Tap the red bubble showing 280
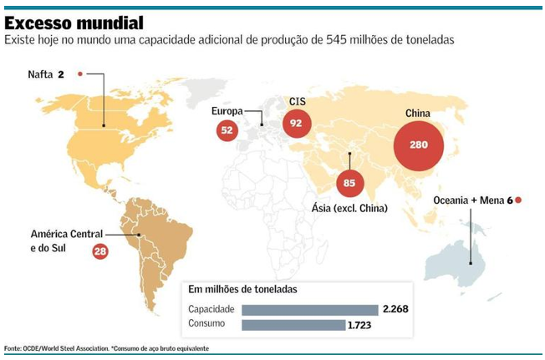[x=418, y=144]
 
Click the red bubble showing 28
[x=100, y=251]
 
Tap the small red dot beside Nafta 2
[x=80, y=74]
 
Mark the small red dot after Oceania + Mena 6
[x=519, y=200]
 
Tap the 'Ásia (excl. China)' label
[x=349, y=207]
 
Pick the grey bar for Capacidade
[x=309, y=310]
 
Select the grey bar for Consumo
[x=293, y=325]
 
